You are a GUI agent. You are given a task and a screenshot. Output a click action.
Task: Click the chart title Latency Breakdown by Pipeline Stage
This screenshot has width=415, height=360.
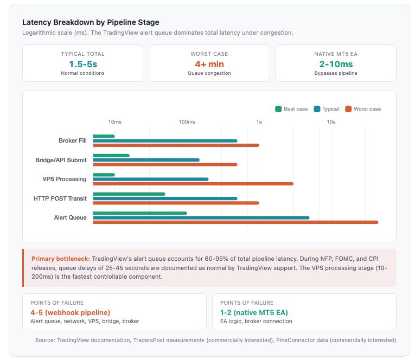(x=91, y=22)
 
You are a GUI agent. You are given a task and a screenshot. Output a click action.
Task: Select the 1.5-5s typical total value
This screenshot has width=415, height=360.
(x=82, y=64)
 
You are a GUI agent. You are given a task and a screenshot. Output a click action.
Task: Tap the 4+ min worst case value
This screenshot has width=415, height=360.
(x=209, y=64)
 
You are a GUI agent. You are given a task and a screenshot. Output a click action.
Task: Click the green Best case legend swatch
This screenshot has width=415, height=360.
(x=278, y=109)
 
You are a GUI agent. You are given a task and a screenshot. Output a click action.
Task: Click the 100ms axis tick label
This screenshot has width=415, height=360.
(x=187, y=122)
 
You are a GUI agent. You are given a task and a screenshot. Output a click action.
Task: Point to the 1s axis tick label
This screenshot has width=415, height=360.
(x=259, y=122)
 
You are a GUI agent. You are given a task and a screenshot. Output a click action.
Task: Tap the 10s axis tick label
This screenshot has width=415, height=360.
(x=331, y=122)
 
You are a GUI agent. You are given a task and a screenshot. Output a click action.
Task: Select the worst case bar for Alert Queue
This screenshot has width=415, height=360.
(x=235, y=222)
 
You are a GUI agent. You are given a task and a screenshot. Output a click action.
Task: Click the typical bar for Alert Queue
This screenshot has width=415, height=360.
(x=201, y=217)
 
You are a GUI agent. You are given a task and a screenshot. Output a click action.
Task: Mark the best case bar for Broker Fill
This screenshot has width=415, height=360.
(x=104, y=136)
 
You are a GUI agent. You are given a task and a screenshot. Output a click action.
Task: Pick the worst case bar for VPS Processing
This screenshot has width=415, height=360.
(x=193, y=184)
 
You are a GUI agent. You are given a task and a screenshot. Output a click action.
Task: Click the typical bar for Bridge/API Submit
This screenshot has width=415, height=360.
(x=146, y=160)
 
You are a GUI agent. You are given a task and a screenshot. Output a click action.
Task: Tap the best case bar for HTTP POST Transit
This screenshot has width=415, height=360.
(x=129, y=194)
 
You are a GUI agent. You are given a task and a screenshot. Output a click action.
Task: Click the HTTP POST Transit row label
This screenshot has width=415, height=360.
(x=60, y=198)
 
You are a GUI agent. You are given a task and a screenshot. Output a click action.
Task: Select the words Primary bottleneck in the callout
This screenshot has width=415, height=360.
(x=60, y=259)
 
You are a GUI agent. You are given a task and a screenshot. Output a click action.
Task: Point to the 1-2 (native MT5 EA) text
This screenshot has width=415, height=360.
(x=254, y=312)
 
